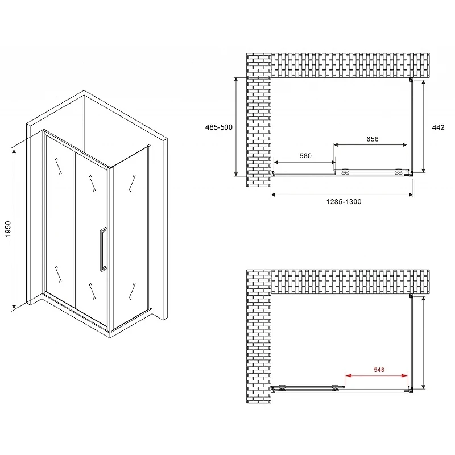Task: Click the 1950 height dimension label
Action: point(8,229)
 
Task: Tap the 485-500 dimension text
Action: point(219,127)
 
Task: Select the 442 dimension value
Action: point(438,127)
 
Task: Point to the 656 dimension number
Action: point(373,139)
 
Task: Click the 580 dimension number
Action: point(305,156)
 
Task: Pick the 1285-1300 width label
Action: point(344,202)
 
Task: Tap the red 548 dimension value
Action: point(379,370)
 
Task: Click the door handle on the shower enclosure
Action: point(103,249)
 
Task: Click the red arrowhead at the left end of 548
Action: point(348,375)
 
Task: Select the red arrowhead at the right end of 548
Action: point(404,375)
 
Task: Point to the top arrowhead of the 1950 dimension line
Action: point(14,152)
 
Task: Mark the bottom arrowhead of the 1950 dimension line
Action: point(14,305)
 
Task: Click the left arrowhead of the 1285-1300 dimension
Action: point(274,195)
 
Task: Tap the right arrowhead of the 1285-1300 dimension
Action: point(410,195)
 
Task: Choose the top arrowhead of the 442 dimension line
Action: point(424,83)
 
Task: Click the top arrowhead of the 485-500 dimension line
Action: point(236,81)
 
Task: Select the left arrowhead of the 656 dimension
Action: point(337,145)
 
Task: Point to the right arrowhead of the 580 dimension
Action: point(333,162)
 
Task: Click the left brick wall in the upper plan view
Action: point(259,120)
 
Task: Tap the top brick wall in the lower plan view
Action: point(350,282)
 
